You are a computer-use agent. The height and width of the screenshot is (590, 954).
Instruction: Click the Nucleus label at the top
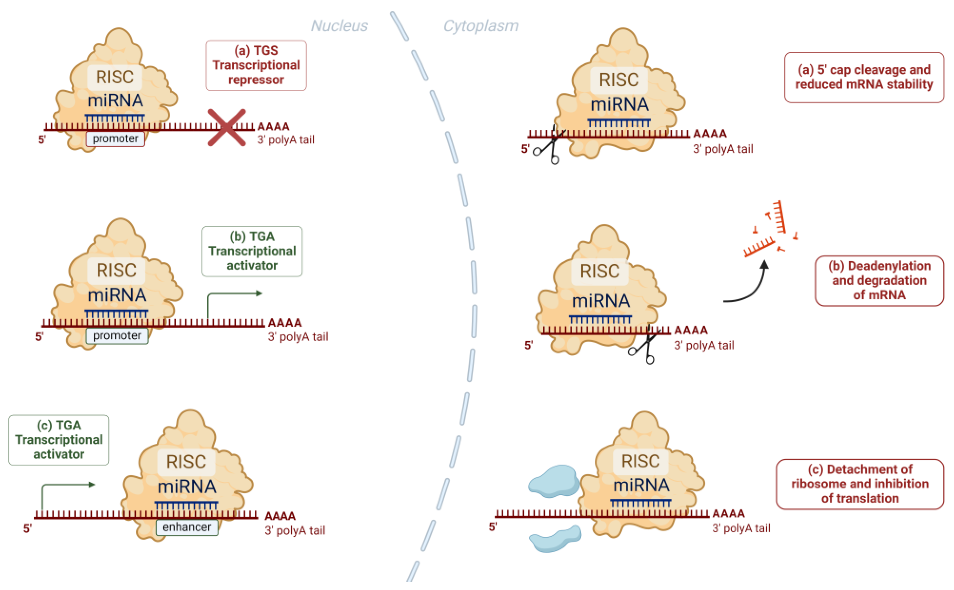click(x=339, y=26)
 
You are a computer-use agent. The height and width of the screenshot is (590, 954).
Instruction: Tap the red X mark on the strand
click(x=226, y=128)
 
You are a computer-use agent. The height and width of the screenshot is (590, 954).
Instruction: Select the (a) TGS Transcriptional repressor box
click(x=256, y=65)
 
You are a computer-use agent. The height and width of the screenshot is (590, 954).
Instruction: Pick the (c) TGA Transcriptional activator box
click(x=59, y=440)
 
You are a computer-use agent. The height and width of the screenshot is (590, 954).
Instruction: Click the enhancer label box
click(x=187, y=527)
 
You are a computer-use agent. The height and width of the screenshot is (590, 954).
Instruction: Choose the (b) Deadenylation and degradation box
click(x=879, y=281)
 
